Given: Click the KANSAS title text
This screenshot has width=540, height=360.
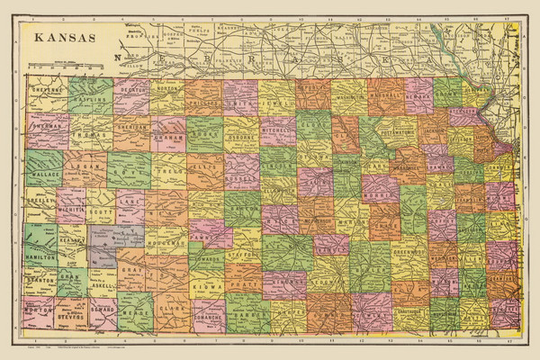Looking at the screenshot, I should point(64,39).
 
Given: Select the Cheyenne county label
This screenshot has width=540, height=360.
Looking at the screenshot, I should point(46,91).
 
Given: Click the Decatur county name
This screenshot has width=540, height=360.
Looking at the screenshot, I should point(132,91).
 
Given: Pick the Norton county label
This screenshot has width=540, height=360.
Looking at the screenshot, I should point(168,90).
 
